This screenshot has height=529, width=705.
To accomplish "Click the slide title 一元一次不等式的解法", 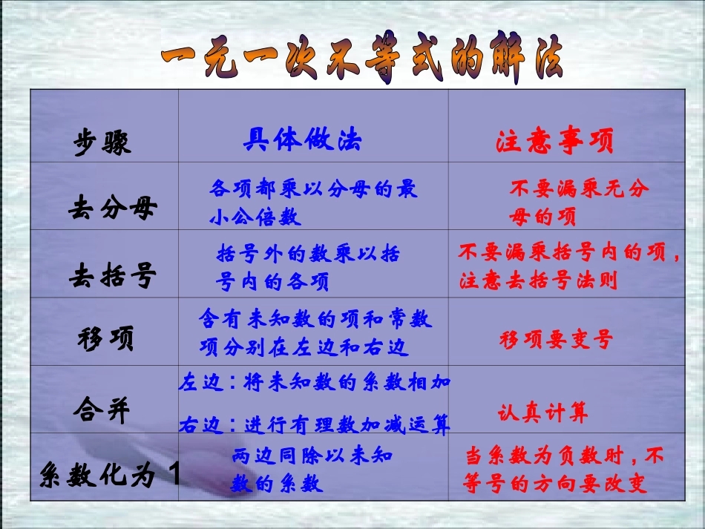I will [361, 59].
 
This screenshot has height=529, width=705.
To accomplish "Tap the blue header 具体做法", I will [303, 140].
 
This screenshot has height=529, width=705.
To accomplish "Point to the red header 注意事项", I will [555, 142].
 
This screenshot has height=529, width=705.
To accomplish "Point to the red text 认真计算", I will [542, 413].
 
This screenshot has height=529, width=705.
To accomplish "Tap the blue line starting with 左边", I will [315, 383].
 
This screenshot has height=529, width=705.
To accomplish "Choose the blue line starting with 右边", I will [315, 425].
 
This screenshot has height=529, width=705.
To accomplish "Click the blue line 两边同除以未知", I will [312, 456].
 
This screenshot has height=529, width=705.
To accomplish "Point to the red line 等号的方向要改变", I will [555, 484].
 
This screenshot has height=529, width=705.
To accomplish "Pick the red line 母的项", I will [542, 217].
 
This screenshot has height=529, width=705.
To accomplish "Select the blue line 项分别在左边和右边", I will [304, 346].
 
